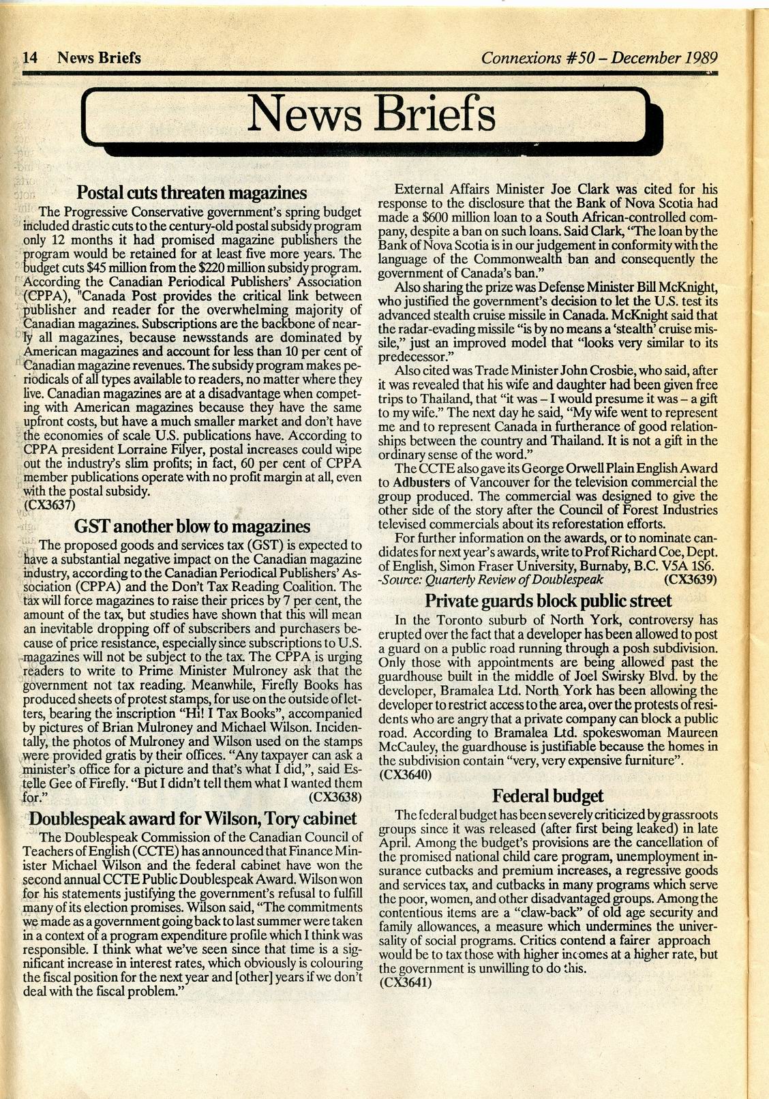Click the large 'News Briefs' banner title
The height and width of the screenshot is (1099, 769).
coord(372,115)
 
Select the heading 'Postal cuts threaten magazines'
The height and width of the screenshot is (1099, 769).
coord(192,192)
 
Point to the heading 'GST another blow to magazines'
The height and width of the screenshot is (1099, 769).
coord(192,526)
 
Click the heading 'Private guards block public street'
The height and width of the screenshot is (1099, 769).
coord(548,601)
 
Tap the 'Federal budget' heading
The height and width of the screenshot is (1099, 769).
coord(548,796)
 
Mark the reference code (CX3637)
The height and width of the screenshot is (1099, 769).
coord(48,505)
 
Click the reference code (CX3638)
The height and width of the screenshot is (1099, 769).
coord(335,796)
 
